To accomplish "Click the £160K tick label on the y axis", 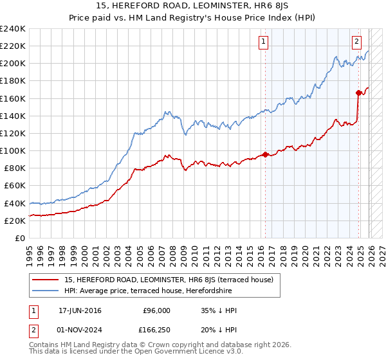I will coord(12,98).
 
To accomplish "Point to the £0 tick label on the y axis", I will coord(20,238).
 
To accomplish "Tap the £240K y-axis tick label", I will coord(12,29).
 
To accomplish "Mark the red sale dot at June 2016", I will coord(264,154).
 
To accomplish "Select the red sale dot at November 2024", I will coord(358,93).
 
